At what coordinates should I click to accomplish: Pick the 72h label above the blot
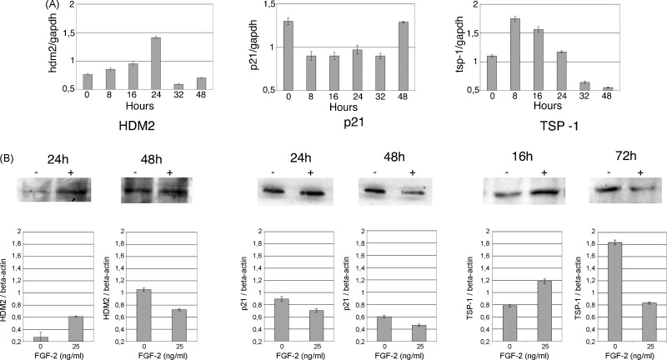[621, 158]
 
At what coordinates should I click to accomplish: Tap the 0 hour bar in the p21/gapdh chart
[288, 55]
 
